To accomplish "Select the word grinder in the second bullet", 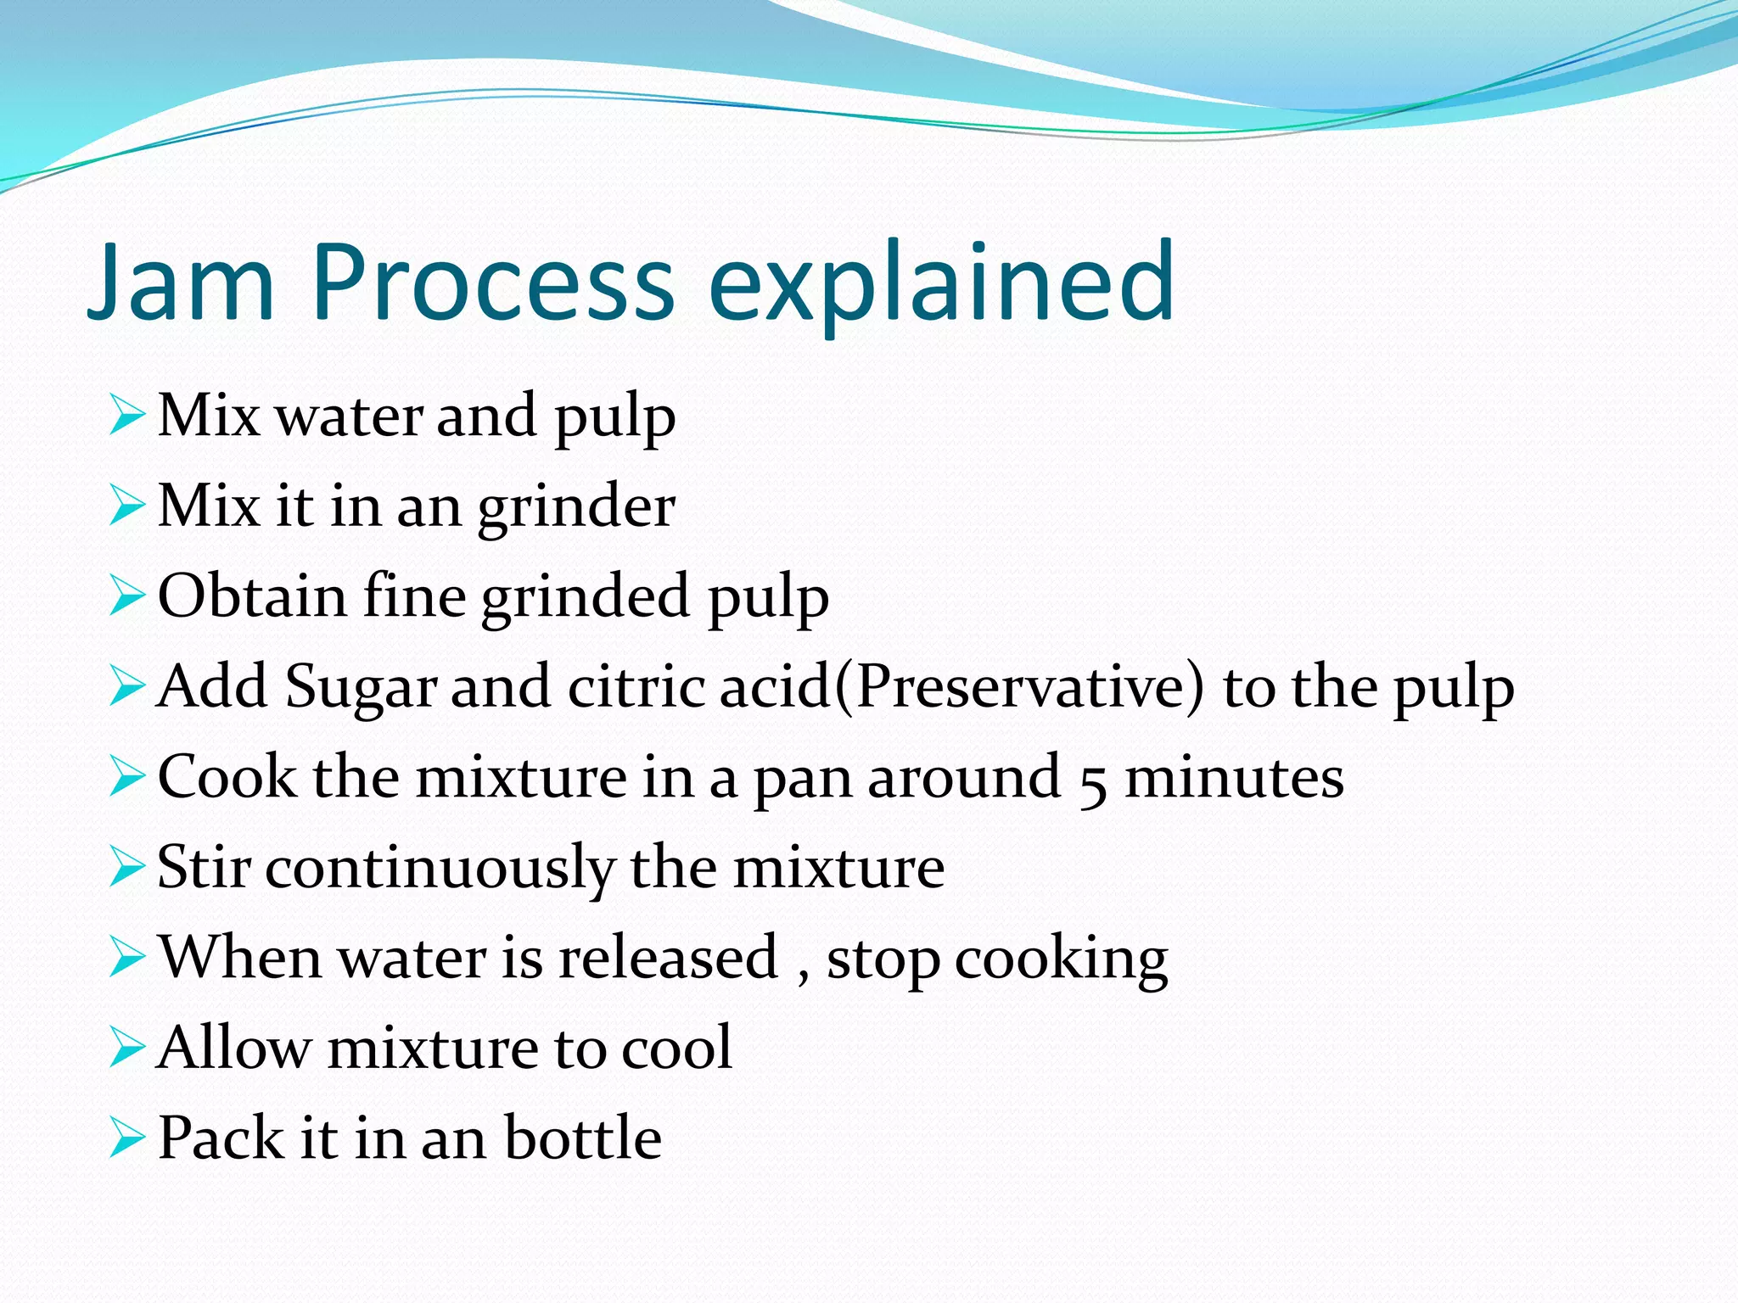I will [x=576, y=508].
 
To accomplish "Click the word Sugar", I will [x=361, y=687].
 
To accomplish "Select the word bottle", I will [x=583, y=1138].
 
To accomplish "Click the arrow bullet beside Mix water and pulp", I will [x=127, y=417].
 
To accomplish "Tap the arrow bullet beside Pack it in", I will [x=127, y=1138].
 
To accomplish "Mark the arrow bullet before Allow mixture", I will [x=127, y=1049].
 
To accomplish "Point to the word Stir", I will [x=204, y=869].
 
